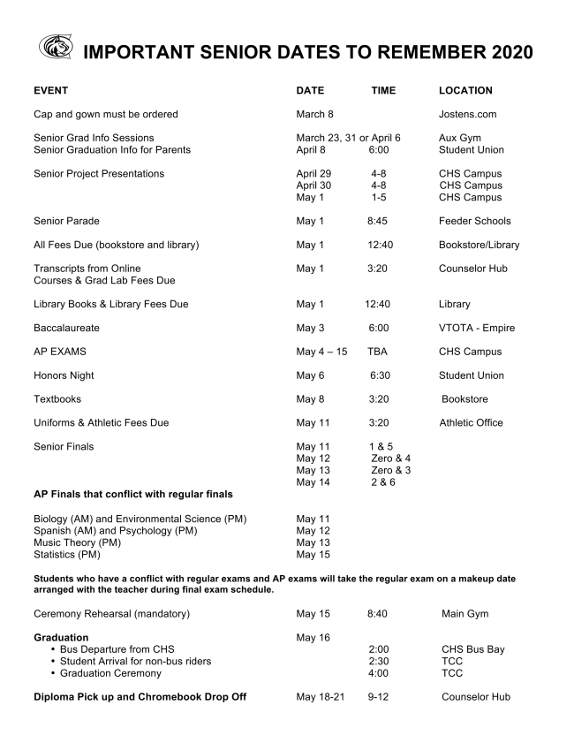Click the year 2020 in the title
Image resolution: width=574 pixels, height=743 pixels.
click(x=504, y=53)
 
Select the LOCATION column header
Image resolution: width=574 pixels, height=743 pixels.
click(x=465, y=91)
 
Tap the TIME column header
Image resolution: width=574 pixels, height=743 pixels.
click(x=383, y=91)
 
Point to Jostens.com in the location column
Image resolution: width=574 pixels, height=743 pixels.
click(x=467, y=115)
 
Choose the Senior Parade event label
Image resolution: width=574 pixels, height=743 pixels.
click(x=68, y=221)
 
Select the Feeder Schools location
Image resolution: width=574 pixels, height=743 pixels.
click(x=474, y=221)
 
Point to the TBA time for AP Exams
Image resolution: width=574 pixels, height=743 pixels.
click(x=378, y=352)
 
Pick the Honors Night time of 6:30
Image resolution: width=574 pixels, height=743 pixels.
click(x=380, y=375)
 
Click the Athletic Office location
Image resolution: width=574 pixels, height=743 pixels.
click(x=471, y=423)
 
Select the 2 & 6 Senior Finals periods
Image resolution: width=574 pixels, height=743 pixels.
click(x=384, y=482)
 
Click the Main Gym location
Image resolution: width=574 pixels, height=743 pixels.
click(x=464, y=614)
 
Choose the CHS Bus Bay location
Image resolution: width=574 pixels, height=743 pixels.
click(x=473, y=649)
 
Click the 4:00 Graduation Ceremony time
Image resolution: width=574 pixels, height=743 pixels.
click(x=379, y=673)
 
